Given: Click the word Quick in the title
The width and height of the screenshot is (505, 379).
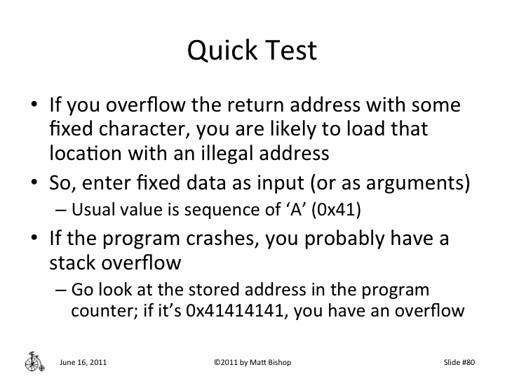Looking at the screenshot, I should (221, 51).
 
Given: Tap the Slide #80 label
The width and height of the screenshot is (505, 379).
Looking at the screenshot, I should (459, 362).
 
